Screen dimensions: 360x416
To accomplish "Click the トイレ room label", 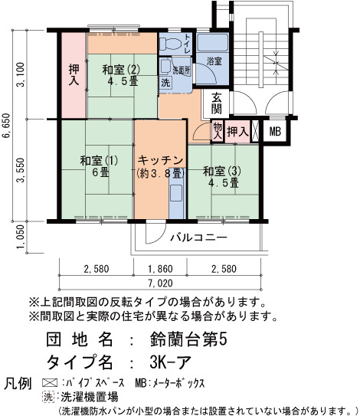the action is (188, 44).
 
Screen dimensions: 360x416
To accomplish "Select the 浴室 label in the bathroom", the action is (214, 61).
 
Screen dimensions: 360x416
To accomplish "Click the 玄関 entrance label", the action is (217, 103).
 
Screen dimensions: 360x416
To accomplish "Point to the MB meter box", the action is (275, 131).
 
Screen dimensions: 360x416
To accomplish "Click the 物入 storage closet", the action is (218, 131).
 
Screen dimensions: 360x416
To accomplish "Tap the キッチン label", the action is (161, 160).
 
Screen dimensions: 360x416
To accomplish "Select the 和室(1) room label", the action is (99, 161).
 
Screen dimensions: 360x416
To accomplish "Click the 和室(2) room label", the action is (121, 70).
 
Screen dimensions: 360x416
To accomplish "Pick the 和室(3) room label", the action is (222, 171).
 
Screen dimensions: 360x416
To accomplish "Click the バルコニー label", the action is (198, 237).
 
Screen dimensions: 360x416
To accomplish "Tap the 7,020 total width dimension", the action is (161, 283).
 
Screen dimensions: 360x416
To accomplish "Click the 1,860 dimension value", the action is (161, 269).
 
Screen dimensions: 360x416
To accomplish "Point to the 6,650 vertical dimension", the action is (6, 126).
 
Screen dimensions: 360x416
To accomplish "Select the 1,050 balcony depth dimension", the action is (21, 237).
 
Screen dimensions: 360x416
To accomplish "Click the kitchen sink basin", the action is (175, 193).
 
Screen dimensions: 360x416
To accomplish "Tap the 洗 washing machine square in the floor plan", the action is (165, 82).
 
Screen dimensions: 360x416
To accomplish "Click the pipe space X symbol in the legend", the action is (50, 383).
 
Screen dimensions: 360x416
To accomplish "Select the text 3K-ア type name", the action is (170, 362).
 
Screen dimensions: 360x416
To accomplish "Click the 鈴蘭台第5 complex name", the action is (188, 339).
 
